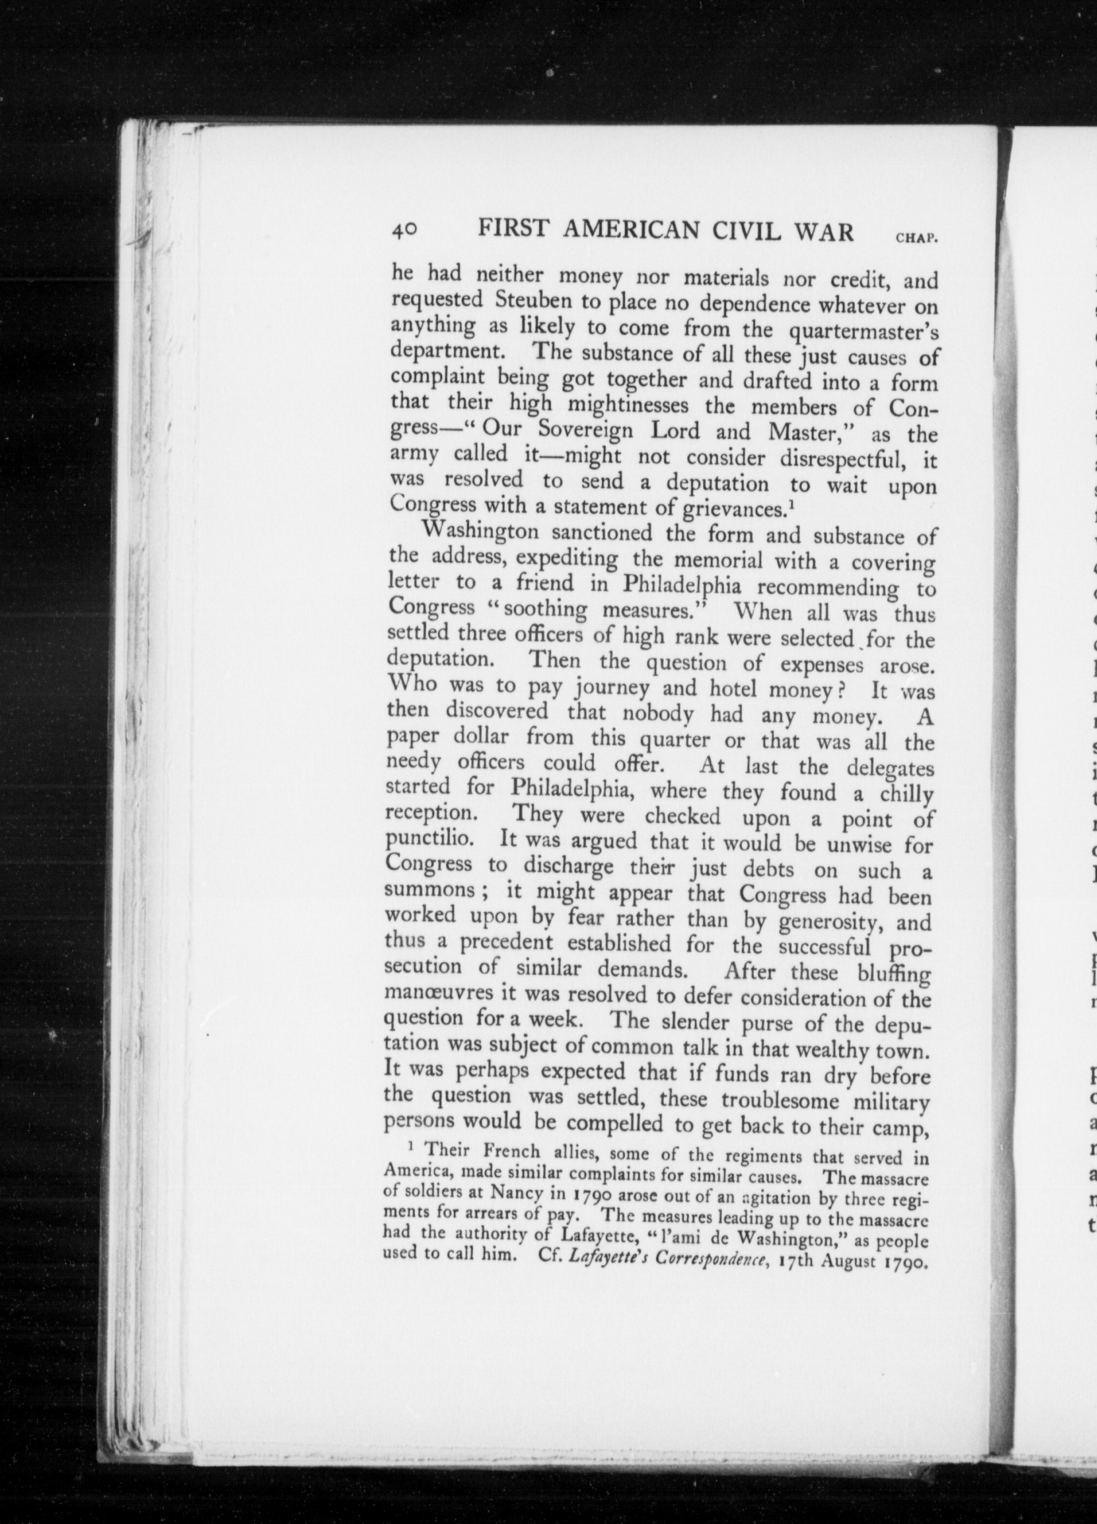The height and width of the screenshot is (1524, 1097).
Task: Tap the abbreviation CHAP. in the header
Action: (x=916, y=238)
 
